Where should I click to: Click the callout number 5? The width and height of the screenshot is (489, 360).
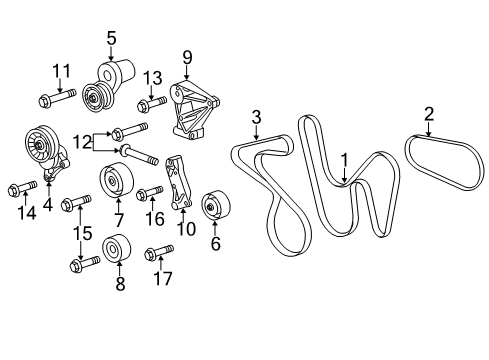point(111,38)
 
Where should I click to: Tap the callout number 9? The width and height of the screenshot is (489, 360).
point(186,57)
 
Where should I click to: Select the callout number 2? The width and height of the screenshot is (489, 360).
point(429,113)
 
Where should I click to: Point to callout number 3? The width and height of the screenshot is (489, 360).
point(256,118)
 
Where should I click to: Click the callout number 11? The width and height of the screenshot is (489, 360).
point(62,70)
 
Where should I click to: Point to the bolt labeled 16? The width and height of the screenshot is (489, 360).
point(148,193)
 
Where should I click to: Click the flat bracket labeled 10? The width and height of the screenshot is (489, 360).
point(180,184)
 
